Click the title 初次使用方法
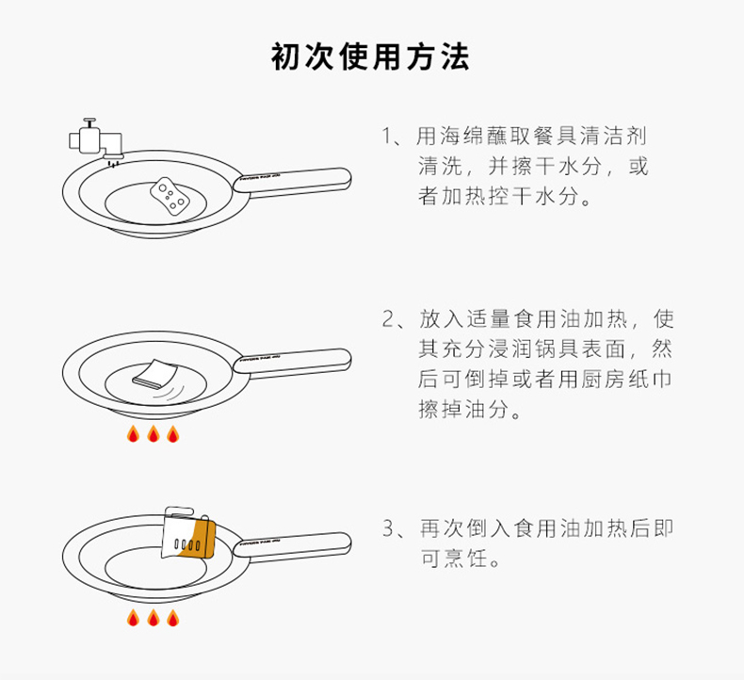coord(370,57)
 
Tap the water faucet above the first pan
coord(96,140)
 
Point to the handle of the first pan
coord(292,180)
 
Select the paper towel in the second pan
coord(155,374)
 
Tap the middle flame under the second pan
coord(154,434)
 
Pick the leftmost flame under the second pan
coord(134,434)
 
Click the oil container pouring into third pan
coord(188,532)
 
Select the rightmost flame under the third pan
coord(173,617)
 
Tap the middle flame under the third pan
coord(154,617)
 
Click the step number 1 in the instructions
coord(388,137)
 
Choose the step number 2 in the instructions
coord(388,319)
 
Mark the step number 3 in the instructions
coord(388,528)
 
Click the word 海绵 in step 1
coord(462,137)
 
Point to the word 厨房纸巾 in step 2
coord(626,380)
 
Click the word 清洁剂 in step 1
coord(614,137)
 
